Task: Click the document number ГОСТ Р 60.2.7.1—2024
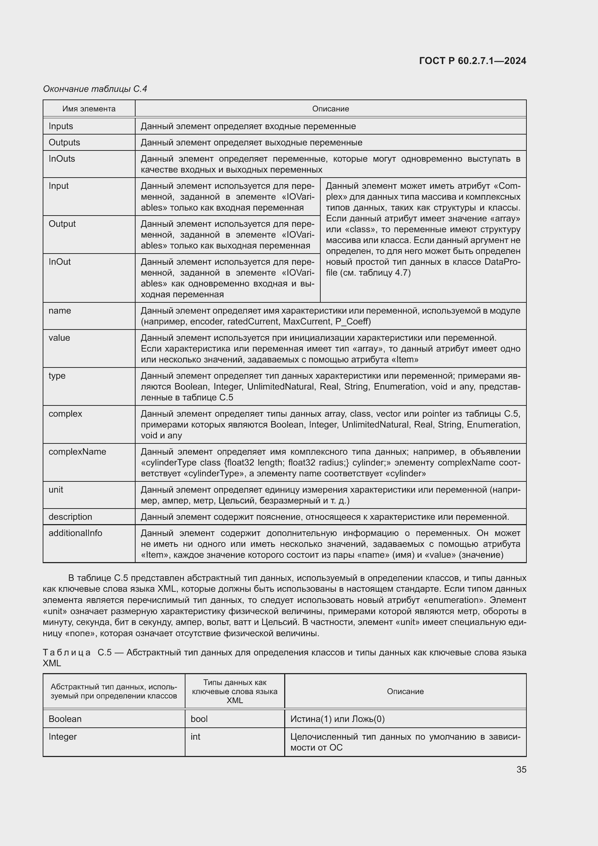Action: click(x=473, y=61)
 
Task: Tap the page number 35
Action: click(x=521, y=769)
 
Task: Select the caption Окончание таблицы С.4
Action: click(x=95, y=89)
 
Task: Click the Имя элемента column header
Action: click(x=89, y=109)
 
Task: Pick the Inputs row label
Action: click(x=61, y=126)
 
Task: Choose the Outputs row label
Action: click(x=64, y=142)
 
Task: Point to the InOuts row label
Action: click(x=61, y=159)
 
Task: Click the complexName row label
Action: click(x=77, y=452)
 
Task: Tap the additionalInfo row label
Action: click(x=75, y=533)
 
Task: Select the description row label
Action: click(x=71, y=516)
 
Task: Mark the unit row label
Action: click(x=56, y=490)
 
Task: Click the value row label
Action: click(x=59, y=338)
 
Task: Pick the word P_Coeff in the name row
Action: click(x=351, y=322)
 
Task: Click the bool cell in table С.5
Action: click(x=199, y=719)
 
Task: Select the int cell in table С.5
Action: click(x=195, y=736)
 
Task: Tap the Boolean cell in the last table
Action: click(x=65, y=719)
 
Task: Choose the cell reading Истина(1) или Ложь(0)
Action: click(x=337, y=719)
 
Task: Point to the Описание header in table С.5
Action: click(x=405, y=692)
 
